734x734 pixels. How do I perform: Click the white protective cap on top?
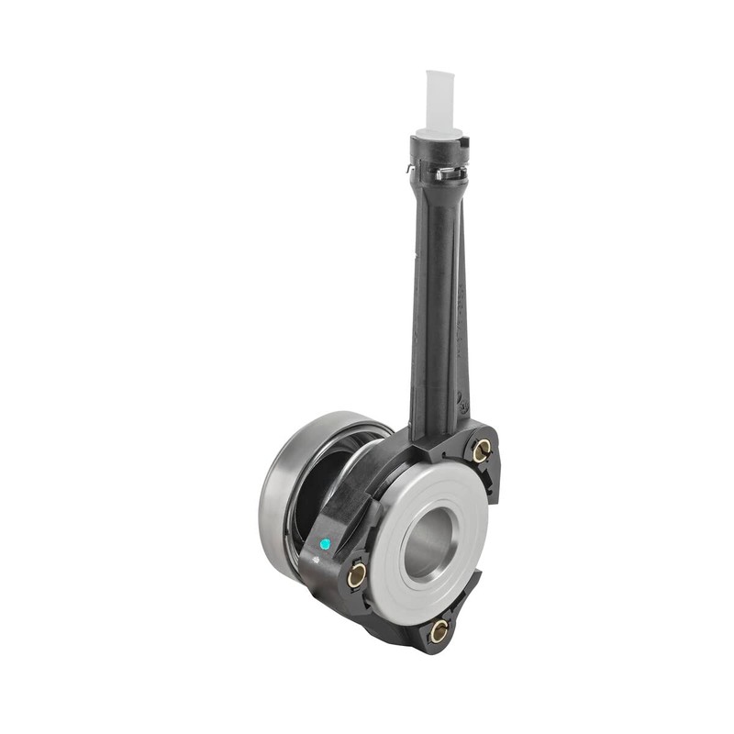[x=441, y=99]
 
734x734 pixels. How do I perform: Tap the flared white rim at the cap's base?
[x=440, y=132]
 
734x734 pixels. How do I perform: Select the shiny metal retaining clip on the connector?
[x=450, y=172]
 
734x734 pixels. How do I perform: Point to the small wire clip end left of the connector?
[x=410, y=168]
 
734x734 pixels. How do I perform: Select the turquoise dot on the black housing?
[x=325, y=543]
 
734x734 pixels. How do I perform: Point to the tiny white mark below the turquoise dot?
[x=322, y=557]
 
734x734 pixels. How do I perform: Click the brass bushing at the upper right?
[x=481, y=450]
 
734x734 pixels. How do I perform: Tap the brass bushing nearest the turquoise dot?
[x=357, y=575]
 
